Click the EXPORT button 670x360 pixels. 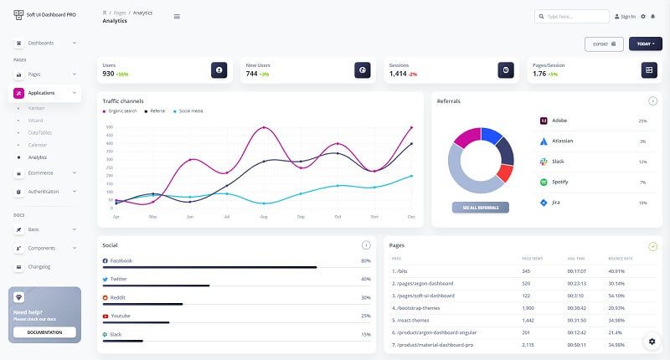pos(604,44)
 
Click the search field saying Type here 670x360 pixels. pos(572,16)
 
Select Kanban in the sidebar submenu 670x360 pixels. pos(37,108)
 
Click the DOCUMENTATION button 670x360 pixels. pos(44,332)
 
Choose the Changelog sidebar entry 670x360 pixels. pos(39,266)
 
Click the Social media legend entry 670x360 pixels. pos(190,111)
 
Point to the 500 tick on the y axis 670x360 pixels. pos(109,128)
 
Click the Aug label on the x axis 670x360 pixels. pos(264,217)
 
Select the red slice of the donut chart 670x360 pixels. pos(504,172)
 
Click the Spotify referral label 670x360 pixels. pos(560,182)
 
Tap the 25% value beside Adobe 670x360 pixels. pos(642,121)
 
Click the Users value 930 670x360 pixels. pos(108,74)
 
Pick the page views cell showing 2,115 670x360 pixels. pos(528,345)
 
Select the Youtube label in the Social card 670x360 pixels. pos(121,316)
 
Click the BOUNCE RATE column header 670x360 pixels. pos(620,259)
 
